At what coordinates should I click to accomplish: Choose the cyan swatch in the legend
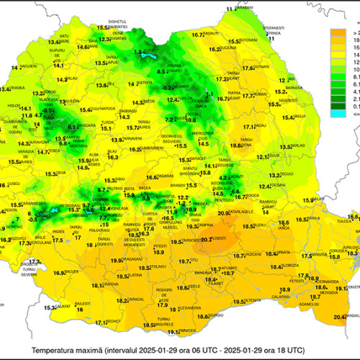[336, 112]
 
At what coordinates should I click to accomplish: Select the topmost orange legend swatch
[336, 32]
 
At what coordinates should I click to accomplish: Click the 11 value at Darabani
[230, 8]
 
